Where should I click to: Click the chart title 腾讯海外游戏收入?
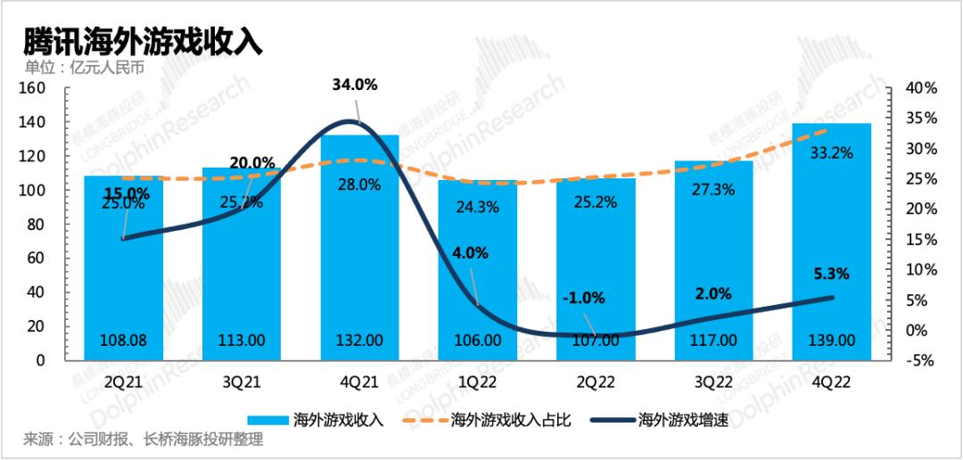[144, 43]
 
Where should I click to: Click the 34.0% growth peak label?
[355, 86]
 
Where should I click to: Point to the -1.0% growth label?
[584, 298]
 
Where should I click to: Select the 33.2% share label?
[832, 152]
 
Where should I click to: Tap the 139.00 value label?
[832, 340]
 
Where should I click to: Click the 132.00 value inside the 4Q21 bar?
[359, 340]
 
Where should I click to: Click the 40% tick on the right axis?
[919, 88]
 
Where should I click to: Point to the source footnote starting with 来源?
[144, 440]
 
